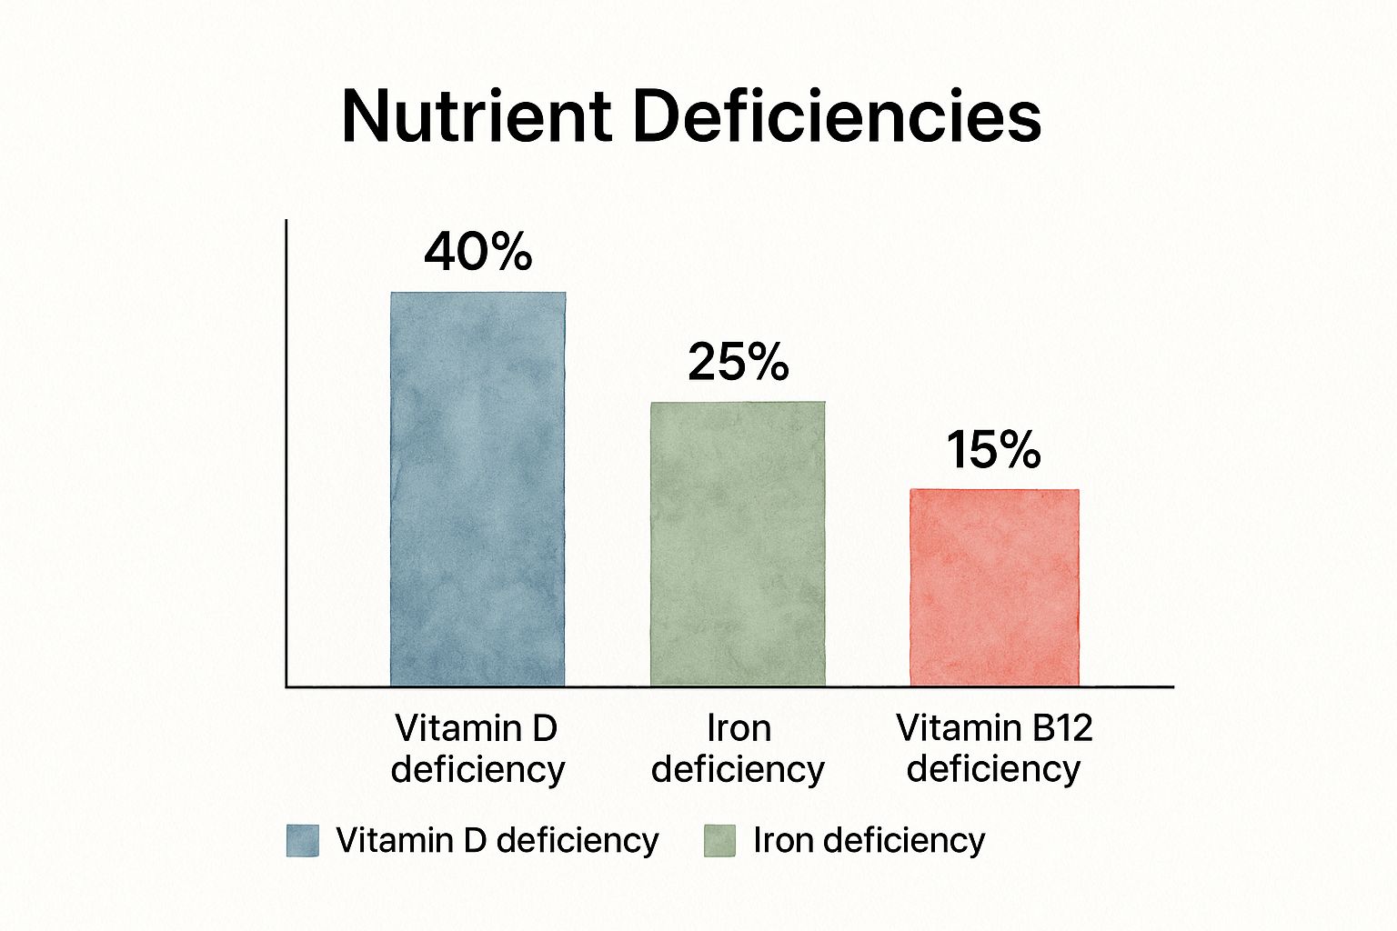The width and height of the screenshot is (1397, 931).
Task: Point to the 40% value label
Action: [x=477, y=253]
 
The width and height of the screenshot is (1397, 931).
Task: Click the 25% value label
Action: [x=738, y=362]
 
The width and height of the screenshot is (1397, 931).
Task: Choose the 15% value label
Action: [x=993, y=450]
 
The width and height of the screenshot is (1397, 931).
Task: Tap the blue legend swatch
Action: [x=303, y=841]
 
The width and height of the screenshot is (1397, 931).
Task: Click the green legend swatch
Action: [x=719, y=841]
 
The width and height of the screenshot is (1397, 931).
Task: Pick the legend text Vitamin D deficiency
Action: [x=497, y=840]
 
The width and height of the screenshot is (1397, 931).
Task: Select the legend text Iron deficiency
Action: [x=869, y=840]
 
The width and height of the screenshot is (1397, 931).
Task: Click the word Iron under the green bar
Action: [x=739, y=728]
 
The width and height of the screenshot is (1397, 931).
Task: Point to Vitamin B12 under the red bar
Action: [x=994, y=728]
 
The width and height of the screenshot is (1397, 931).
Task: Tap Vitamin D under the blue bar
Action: [x=476, y=728]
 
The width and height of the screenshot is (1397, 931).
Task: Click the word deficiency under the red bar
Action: [x=994, y=769]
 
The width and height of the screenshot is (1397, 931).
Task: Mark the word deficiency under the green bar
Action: [x=739, y=769]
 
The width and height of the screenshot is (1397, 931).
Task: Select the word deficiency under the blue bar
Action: [x=477, y=769]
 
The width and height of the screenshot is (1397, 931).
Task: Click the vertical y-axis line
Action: [x=286, y=455]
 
